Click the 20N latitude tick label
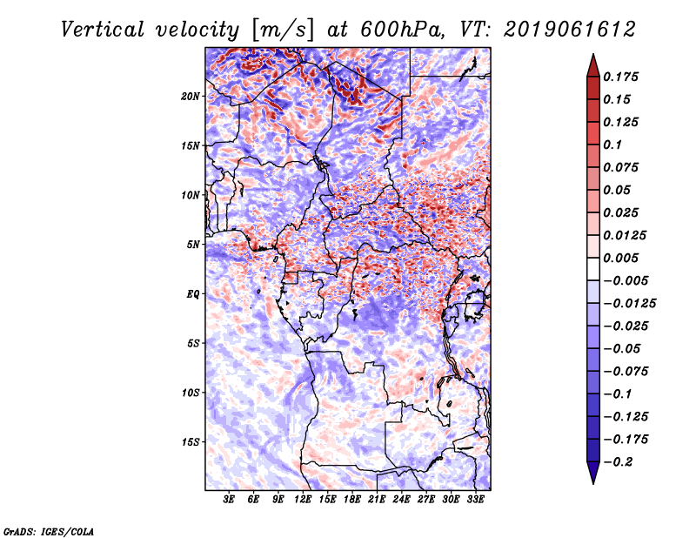tap(191, 96)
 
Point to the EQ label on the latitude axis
tap(192, 293)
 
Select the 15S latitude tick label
tap(191, 441)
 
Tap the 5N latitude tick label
tap(193, 244)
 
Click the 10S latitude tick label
tap(191, 392)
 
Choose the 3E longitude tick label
tap(230, 500)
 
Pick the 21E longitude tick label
tap(377, 500)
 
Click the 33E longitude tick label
tap(475, 500)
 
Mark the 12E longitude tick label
tap(304, 500)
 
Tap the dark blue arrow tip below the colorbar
tap(592, 478)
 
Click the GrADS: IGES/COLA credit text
tap(49, 530)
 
